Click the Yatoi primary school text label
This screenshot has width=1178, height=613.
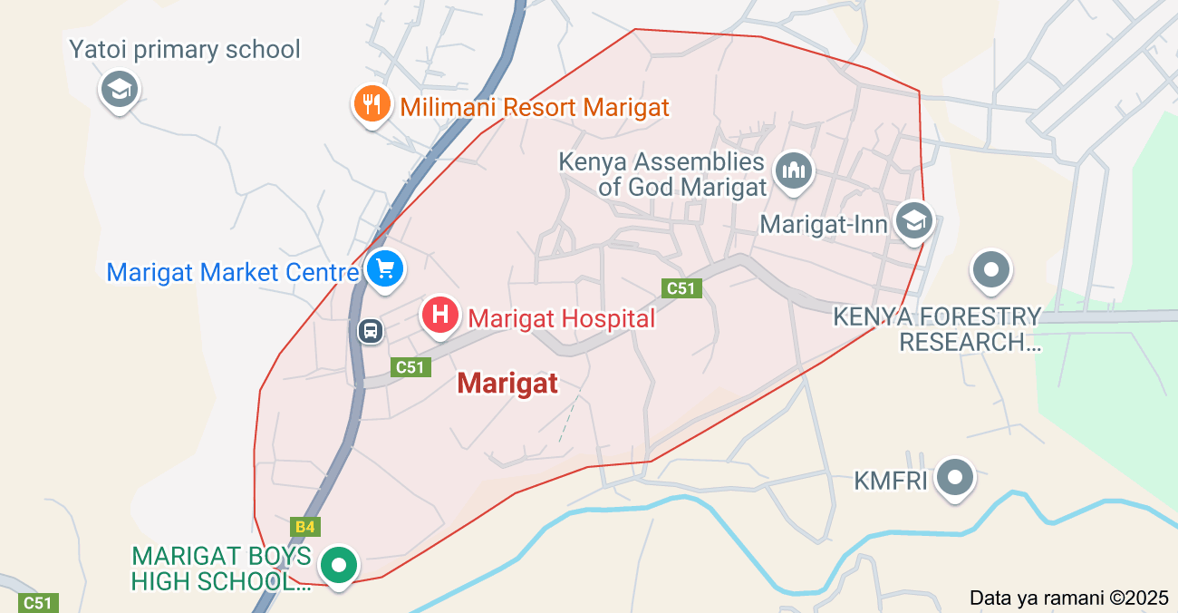(x=185, y=49)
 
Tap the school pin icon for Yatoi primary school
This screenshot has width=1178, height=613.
(x=120, y=90)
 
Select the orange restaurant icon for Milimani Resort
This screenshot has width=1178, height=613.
(x=372, y=104)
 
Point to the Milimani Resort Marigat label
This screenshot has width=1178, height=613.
(x=535, y=108)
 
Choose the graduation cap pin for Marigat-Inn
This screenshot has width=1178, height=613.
(x=913, y=220)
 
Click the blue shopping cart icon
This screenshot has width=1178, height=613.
(x=385, y=268)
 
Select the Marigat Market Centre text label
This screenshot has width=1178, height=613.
(x=233, y=272)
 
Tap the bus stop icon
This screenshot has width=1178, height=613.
(x=371, y=330)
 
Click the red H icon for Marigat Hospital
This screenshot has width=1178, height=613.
(x=440, y=315)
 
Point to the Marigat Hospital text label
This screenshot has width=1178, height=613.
(x=561, y=318)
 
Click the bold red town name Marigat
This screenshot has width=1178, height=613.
(x=507, y=384)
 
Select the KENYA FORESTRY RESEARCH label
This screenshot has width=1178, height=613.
(x=938, y=329)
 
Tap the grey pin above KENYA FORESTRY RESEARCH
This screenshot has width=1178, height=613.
(x=991, y=269)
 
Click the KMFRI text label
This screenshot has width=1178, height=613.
(x=891, y=480)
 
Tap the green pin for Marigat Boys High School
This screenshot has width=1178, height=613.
(x=340, y=565)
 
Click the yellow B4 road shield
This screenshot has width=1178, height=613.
(x=305, y=527)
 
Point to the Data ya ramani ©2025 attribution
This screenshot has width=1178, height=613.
(x=1069, y=598)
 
